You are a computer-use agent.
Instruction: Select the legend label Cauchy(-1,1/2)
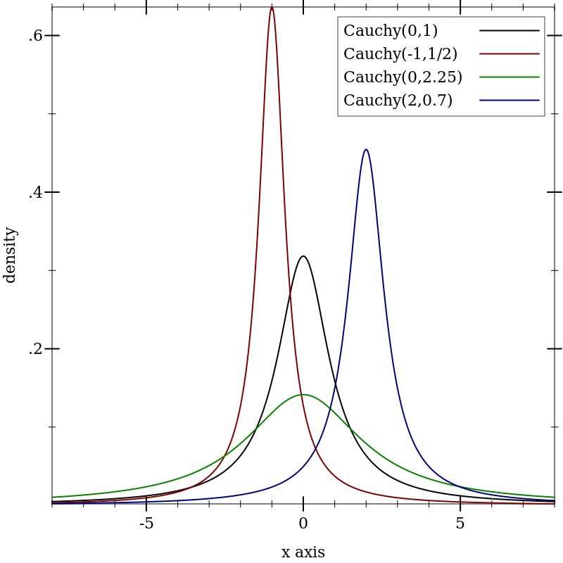(x=400, y=54)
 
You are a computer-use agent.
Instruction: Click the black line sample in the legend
(x=510, y=31)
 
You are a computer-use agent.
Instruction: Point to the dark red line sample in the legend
(x=510, y=54)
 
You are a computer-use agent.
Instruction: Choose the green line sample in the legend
(x=510, y=77)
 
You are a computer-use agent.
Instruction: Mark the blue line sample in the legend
(x=510, y=101)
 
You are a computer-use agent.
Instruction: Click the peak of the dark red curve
(x=272, y=8)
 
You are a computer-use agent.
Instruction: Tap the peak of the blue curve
(x=366, y=149)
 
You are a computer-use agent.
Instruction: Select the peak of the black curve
(x=303, y=256)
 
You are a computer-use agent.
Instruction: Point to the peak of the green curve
(x=303, y=395)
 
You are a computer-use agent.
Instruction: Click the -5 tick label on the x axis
(x=146, y=524)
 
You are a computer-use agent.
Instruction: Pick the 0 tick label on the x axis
(x=303, y=524)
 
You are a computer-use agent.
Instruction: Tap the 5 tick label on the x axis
(x=460, y=524)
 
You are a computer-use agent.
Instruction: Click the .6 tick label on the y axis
(x=36, y=36)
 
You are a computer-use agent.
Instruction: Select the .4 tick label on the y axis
(x=36, y=192)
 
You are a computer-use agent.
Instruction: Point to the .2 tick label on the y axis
(x=36, y=349)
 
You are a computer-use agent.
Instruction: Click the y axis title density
(x=10, y=255)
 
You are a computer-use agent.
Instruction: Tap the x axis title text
(x=303, y=552)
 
